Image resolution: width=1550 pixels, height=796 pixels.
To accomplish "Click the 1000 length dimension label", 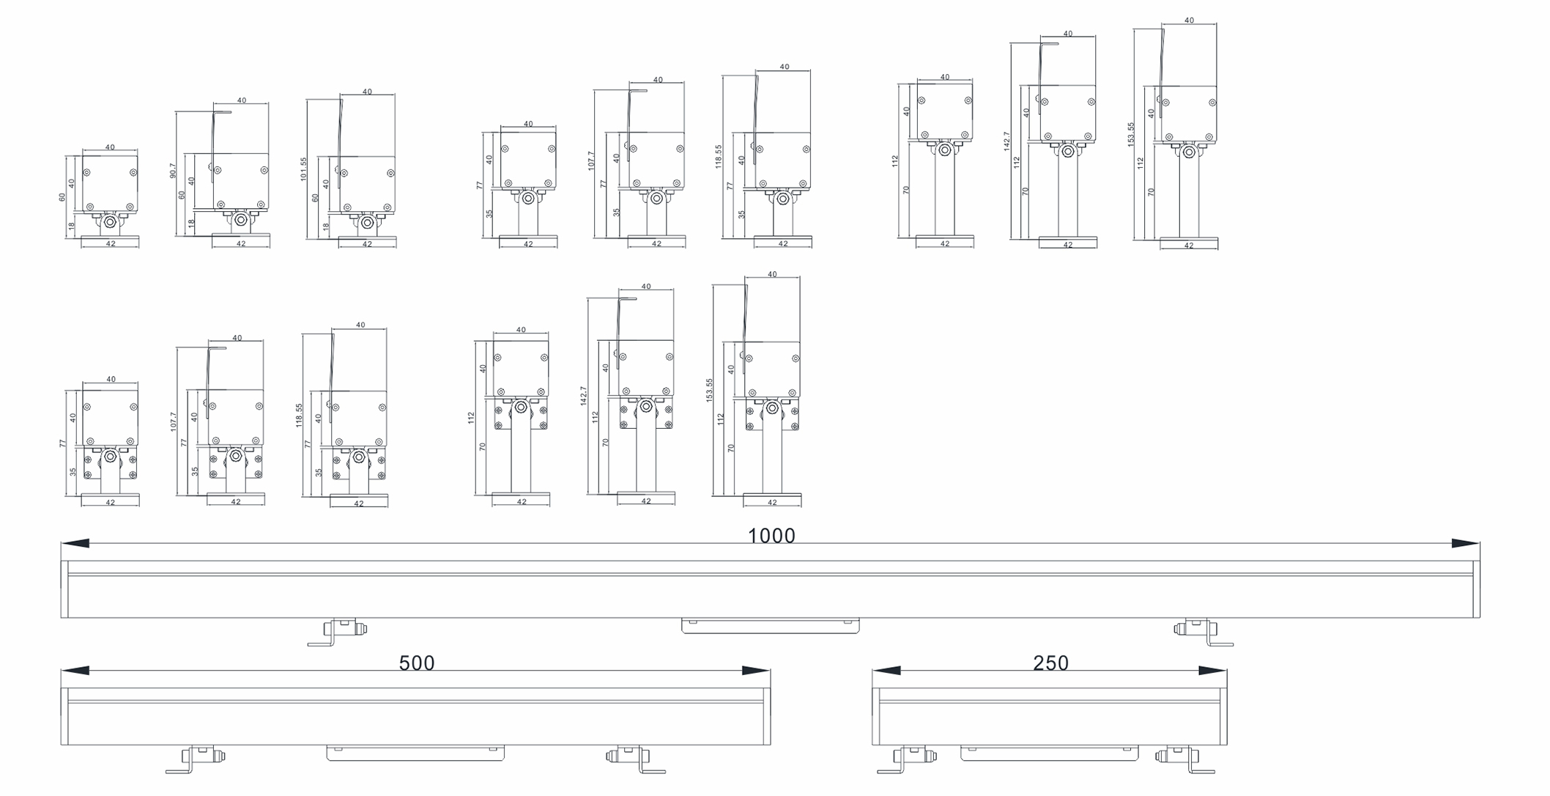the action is click(x=771, y=536).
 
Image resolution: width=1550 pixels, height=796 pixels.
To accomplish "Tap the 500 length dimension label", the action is click(x=417, y=663).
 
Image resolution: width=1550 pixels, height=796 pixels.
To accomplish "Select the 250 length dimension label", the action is click(x=1050, y=663).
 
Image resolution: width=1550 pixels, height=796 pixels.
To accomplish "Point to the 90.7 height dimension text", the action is click(x=173, y=171).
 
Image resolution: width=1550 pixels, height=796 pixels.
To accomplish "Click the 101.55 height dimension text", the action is click(x=303, y=169).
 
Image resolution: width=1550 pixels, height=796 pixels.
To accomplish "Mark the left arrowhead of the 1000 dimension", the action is click(x=75, y=543).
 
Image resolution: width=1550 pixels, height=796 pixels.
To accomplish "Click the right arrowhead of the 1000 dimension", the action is click(x=1465, y=543).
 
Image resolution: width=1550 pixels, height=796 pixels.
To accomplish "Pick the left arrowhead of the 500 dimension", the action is click(x=75, y=671).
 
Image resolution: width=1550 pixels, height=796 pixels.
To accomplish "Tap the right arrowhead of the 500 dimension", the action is click(x=756, y=671).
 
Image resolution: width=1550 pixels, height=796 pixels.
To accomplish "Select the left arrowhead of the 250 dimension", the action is click(x=886, y=671).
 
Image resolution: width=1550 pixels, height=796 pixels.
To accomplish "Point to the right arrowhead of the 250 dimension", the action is click(x=1212, y=671).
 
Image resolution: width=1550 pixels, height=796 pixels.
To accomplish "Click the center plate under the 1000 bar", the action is click(x=771, y=626).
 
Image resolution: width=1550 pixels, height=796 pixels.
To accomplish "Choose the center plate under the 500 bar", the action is click(x=415, y=753).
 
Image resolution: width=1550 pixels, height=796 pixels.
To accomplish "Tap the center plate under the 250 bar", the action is click(x=1050, y=753).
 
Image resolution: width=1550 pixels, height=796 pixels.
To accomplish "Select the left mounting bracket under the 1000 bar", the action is click(x=337, y=631).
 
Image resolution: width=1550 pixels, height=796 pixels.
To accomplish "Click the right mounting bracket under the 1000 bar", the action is click(x=1203, y=631).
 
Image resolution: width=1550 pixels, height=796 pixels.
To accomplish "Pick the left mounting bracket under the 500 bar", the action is click(x=195, y=759).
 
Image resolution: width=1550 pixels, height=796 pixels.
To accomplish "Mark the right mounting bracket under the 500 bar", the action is click(x=636, y=759).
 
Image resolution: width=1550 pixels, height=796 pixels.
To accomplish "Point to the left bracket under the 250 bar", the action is click(x=907, y=759).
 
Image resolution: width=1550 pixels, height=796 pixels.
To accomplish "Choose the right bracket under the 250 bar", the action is click(x=1184, y=759).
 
